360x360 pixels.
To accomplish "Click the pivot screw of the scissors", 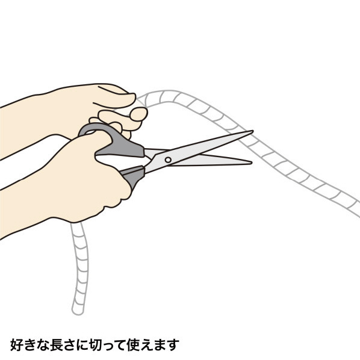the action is (168, 160).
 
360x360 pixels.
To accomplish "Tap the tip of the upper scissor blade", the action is (253, 131).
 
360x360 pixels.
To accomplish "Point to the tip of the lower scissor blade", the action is (252, 163).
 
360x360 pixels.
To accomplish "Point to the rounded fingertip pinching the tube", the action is (138, 114).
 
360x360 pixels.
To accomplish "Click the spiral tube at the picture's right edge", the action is (356, 209).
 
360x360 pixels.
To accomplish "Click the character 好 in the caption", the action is (16, 344).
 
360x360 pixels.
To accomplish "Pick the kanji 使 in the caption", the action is (134, 344).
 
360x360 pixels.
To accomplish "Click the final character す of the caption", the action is (173, 344).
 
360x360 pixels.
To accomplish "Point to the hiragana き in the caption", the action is (29, 344).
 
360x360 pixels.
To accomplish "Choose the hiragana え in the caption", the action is (147, 344).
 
